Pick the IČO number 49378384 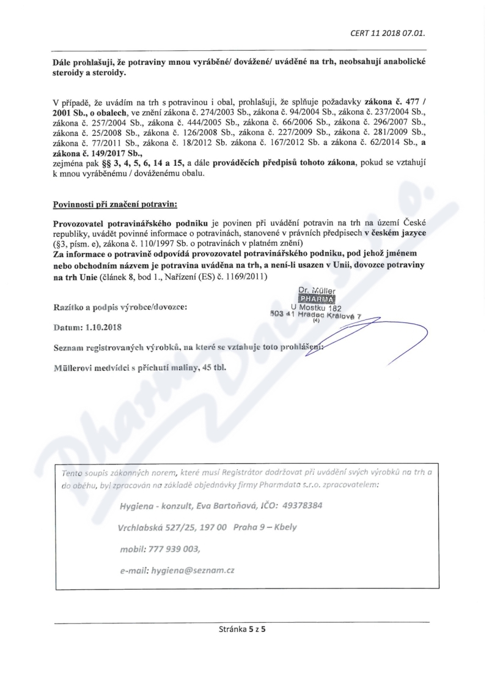tap(299, 506)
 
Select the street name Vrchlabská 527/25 tap(156, 527)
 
